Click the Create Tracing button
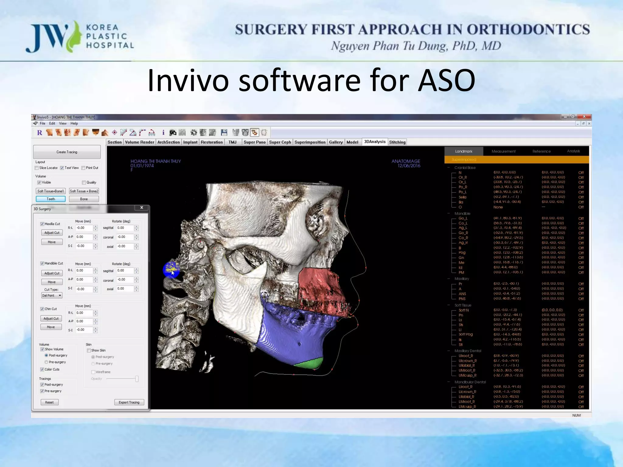coord(67,152)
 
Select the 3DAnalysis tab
coord(374,142)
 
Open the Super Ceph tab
coord(280,142)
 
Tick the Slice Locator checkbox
coord(37,168)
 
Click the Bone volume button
coord(84,199)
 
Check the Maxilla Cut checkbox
coord(42,224)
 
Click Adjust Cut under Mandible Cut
coord(52,273)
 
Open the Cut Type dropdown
coord(52,296)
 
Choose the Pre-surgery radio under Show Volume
coord(46,362)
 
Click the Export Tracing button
coord(129,402)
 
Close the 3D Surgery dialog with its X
coord(141,208)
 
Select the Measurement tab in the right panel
coord(503,151)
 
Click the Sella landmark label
coord(462,197)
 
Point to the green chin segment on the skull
coord(310,363)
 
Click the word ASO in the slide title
coord(446,81)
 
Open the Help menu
coord(74,123)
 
